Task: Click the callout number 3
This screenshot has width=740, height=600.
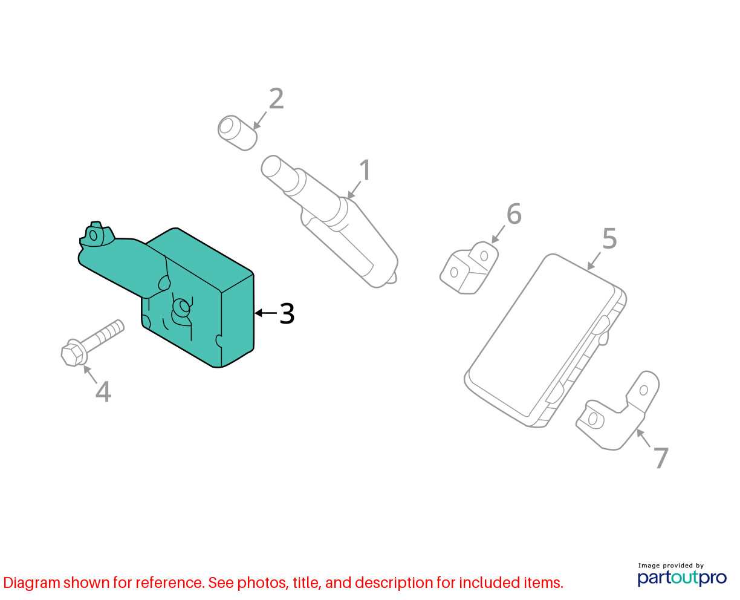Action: (x=287, y=313)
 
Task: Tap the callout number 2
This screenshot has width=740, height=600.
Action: (x=276, y=99)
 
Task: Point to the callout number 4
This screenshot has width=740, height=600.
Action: (x=103, y=392)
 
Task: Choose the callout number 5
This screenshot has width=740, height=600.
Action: (x=609, y=238)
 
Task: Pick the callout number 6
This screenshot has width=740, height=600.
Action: (x=514, y=214)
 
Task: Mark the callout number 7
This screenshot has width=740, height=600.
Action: (x=661, y=458)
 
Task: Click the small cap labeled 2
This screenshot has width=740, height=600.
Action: (x=238, y=133)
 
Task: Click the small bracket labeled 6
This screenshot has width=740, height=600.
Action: (x=469, y=267)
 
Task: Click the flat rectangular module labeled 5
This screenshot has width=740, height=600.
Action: (x=545, y=341)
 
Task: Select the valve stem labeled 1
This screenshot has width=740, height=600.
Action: (x=330, y=221)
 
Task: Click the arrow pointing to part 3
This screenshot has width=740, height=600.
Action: (x=266, y=313)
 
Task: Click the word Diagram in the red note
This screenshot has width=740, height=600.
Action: (x=32, y=583)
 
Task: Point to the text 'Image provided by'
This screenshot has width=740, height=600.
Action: (x=671, y=566)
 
